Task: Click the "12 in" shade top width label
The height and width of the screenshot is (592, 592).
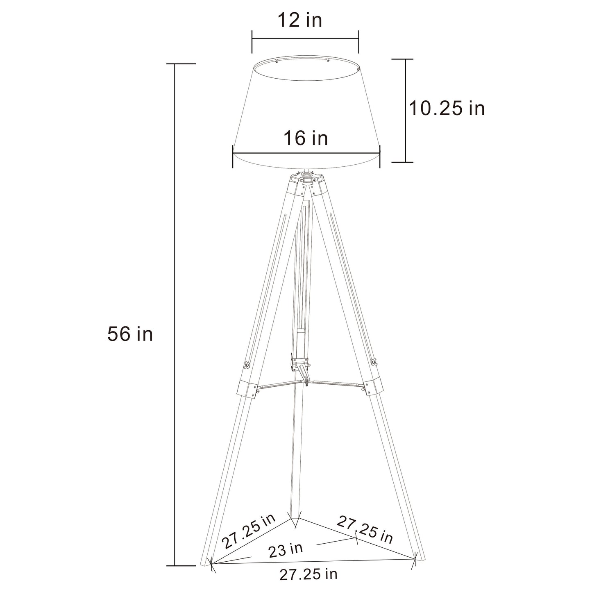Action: pyautogui.click(x=300, y=20)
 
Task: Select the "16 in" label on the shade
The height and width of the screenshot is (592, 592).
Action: pyautogui.click(x=306, y=138)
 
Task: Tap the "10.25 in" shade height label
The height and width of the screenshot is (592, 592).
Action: pyautogui.click(x=447, y=109)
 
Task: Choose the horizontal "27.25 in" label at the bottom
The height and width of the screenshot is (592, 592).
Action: pyautogui.click(x=308, y=574)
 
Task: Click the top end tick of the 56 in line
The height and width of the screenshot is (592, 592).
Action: pyautogui.click(x=175, y=64)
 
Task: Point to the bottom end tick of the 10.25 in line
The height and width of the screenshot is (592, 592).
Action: pyautogui.click(x=406, y=162)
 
